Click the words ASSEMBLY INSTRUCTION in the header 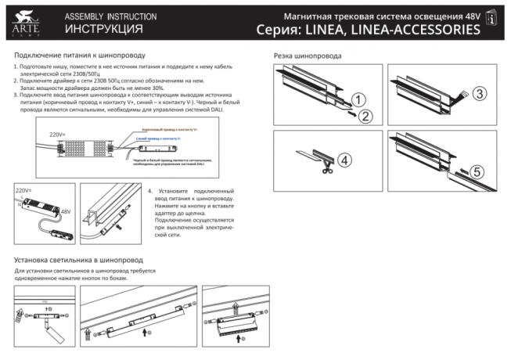[x=110, y=16]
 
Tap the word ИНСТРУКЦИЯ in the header [x=103, y=30]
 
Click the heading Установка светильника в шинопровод [x=79, y=259]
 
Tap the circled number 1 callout [x=356, y=100]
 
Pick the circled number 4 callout [x=345, y=159]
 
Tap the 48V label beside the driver [x=66, y=211]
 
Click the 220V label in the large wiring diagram [x=57, y=135]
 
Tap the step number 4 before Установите [x=149, y=191]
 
